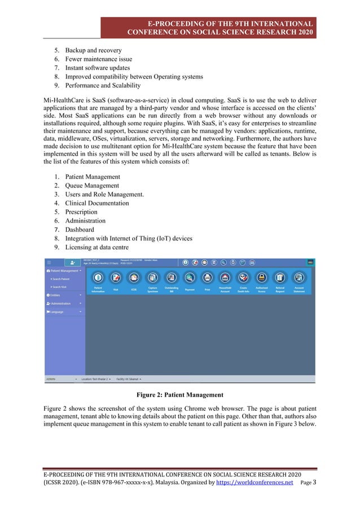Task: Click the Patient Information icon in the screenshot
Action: [x=98, y=278]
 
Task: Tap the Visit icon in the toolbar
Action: [x=116, y=278]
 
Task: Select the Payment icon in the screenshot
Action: [x=190, y=278]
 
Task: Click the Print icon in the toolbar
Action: [x=208, y=278]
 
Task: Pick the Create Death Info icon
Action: [x=244, y=278]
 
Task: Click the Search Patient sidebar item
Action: [x=61, y=279]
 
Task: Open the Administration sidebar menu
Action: [x=63, y=303]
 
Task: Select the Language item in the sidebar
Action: [x=58, y=311]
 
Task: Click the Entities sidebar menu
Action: [x=56, y=295]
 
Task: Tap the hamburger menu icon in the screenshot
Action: [x=49, y=262]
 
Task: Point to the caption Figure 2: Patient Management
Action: [x=180, y=394]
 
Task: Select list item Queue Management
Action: [x=92, y=186]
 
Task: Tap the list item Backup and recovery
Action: [x=93, y=50]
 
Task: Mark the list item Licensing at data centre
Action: [x=96, y=247]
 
